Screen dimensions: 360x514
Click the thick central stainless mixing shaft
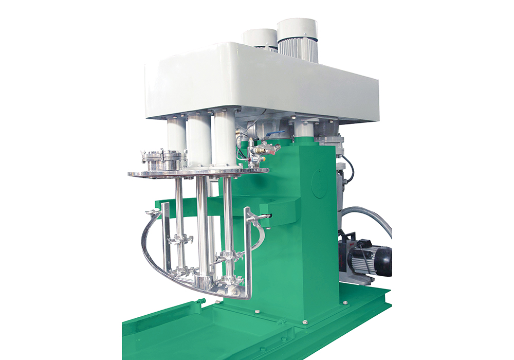[203, 226]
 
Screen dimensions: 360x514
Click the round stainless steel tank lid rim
[198, 173]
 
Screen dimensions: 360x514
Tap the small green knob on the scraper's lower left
[203, 300]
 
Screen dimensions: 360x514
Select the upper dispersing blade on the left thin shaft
[179, 239]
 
